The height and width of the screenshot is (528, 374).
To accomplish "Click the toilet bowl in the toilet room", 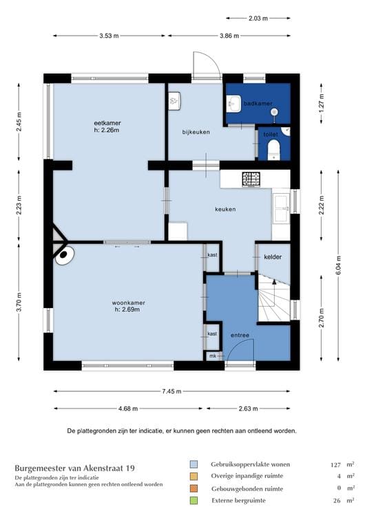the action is tap(273, 150).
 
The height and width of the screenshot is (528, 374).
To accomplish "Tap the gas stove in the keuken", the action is tap(251, 179).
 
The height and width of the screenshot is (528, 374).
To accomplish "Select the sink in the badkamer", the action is tap(233, 103).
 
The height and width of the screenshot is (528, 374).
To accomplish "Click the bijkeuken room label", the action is tap(196, 132).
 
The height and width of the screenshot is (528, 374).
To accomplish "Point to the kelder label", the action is tap(273, 257).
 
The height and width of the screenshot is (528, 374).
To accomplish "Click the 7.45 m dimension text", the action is tap(172, 391).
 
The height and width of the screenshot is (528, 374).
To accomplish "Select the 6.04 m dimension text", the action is tap(338, 265).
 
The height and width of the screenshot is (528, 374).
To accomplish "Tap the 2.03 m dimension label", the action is tap(258, 18).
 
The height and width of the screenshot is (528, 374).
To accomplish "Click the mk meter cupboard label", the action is tap(213, 356).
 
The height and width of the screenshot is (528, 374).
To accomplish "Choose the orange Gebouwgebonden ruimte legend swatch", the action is tap(194, 488).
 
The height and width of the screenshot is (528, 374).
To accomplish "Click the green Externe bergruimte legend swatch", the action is tap(194, 500).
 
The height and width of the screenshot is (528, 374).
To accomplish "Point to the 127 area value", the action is tap(335, 465).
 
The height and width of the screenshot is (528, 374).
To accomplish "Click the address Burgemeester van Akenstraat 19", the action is tap(74, 468).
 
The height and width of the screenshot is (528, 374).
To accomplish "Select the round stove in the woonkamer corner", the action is tap(64, 256).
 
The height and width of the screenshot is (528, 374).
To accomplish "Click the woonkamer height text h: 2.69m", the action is tap(127, 309).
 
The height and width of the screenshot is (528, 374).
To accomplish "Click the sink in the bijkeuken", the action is tap(175, 100).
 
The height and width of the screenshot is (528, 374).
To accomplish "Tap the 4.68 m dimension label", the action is tap(128, 409).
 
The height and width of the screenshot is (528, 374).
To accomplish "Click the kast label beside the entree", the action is tap(212, 333).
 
